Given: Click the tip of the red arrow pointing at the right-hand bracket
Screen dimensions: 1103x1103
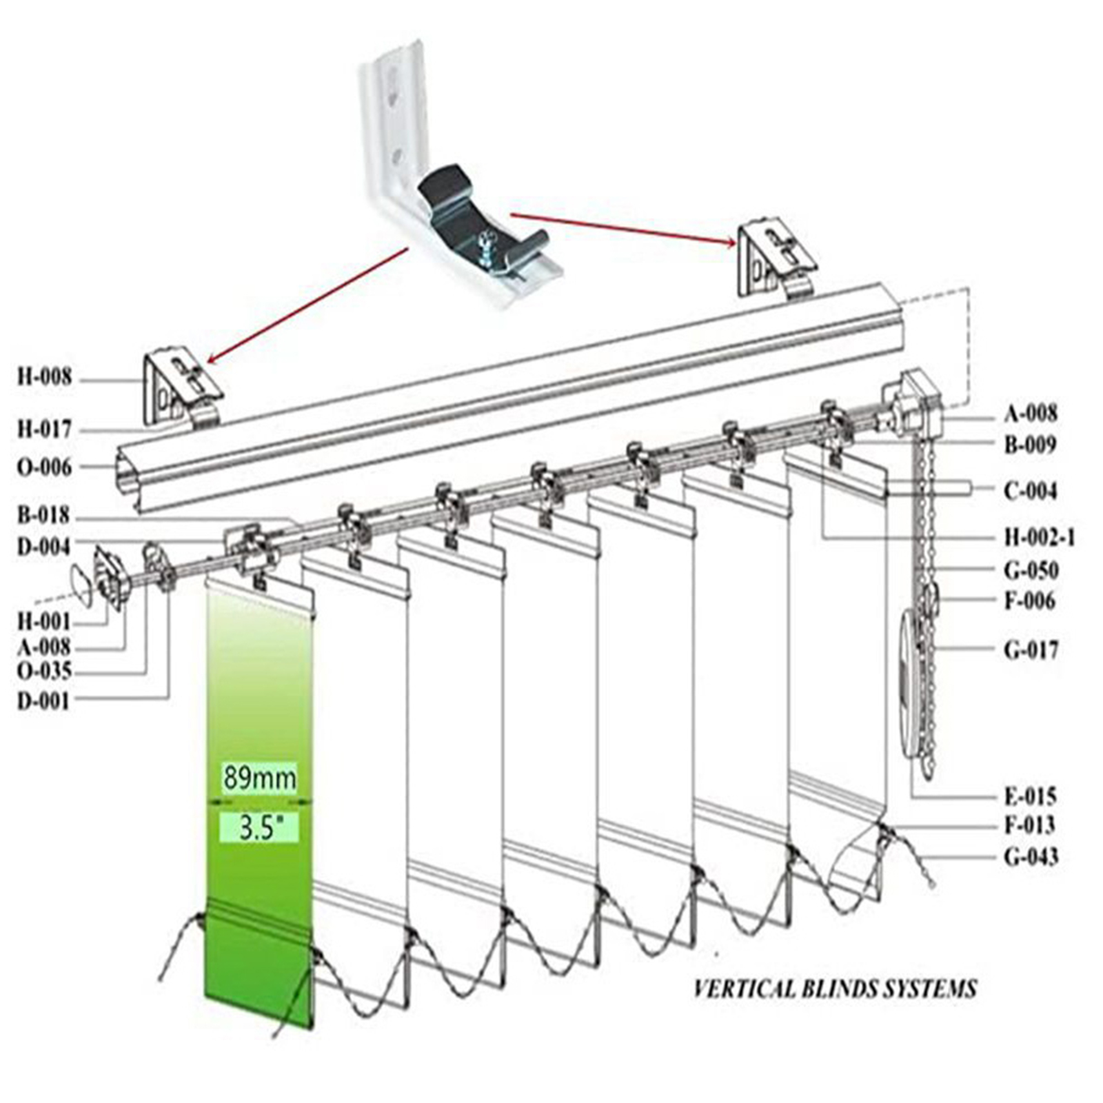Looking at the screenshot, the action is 737,243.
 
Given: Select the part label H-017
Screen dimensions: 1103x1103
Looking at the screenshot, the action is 44,429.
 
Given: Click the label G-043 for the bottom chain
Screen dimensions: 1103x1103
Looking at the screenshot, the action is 1031,857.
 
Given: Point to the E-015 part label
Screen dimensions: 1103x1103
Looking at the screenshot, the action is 1030,797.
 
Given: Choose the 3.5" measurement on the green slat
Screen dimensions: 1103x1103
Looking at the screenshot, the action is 259,828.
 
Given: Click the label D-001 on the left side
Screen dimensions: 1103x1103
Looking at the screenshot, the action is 43,702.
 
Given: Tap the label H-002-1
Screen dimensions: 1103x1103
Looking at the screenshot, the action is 1040,537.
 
